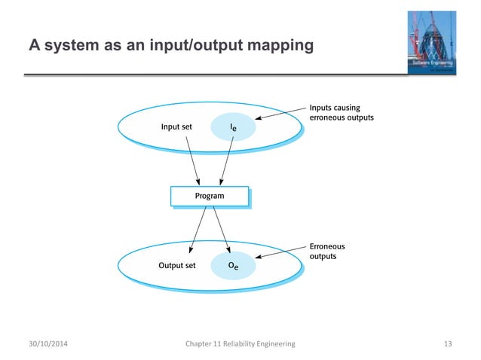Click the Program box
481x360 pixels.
tap(209, 197)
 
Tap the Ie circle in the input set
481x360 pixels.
tap(236, 128)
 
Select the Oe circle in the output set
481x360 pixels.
tap(236, 266)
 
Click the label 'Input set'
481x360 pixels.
tap(176, 127)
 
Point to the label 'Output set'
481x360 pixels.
tap(176, 265)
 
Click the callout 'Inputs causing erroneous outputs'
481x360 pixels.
tap(341, 113)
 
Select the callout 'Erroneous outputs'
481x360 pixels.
tap(328, 252)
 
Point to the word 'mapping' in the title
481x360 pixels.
tap(279, 47)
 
